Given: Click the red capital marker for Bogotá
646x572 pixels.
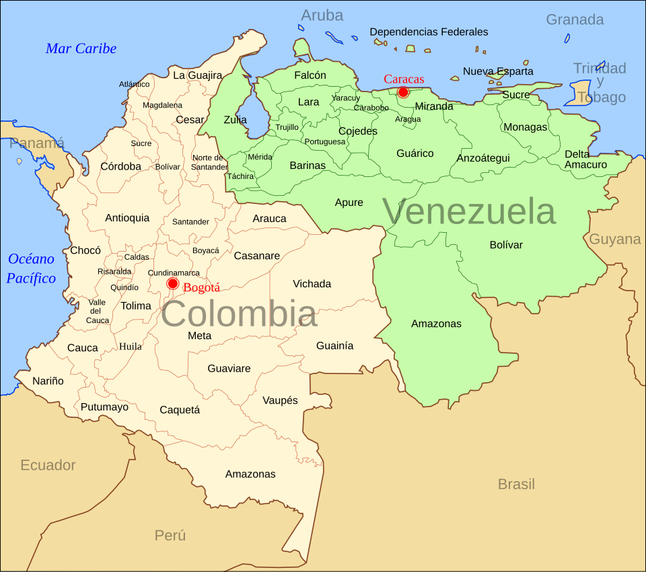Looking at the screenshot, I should coord(173,283).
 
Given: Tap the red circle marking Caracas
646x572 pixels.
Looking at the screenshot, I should coord(403,92).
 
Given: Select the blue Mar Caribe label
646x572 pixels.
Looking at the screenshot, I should coord(81,48).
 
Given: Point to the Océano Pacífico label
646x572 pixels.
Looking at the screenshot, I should coord(31,269).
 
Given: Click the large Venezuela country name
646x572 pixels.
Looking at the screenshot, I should coord(469,211).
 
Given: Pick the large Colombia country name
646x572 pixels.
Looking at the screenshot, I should coord(239,314).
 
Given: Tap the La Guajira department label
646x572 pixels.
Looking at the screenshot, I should coord(197,75).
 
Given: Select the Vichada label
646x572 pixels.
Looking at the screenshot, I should coord(312,284).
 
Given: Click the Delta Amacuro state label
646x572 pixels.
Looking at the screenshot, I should coord(585,159).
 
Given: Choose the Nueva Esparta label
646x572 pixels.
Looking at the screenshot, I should coord(498,71).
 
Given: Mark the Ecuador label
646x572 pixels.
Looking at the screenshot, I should coord(48,465).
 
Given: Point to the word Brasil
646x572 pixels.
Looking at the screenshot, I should coord(516,484).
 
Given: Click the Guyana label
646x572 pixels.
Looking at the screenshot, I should coord(615,239).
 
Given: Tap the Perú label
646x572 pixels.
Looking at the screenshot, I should coord(170,536).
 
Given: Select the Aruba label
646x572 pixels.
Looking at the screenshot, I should coord(322,15).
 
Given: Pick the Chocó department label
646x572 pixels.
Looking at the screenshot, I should coord(85,250).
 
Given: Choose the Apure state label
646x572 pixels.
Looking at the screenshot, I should coord(349,203).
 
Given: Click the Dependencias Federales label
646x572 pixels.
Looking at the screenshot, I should coord(429,32).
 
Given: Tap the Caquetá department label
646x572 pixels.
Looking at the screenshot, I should coord(180,410).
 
